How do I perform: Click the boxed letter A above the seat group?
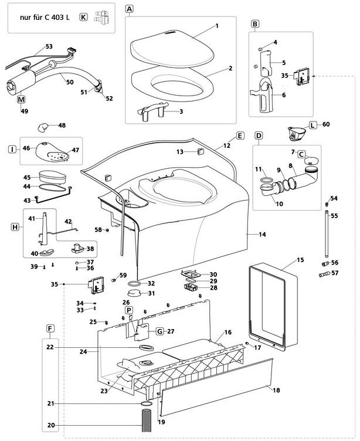pyautogui.click(x=130, y=9)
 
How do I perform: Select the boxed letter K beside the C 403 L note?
pyautogui.click(x=83, y=18)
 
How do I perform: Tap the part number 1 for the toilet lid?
pyautogui.click(x=216, y=26)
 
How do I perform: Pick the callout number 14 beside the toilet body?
pyautogui.click(x=262, y=235)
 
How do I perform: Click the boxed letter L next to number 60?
pyautogui.click(x=313, y=125)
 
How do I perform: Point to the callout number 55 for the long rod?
pyautogui.click(x=334, y=216)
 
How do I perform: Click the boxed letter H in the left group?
pyautogui.click(x=16, y=226)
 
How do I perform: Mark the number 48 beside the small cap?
pyautogui.click(x=62, y=125)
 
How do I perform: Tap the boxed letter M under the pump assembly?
pyautogui.click(x=21, y=100)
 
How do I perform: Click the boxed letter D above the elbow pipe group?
pyautogui.click(x=258, y=135)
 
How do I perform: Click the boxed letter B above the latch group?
pyautogui.click(x=255, y=24)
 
